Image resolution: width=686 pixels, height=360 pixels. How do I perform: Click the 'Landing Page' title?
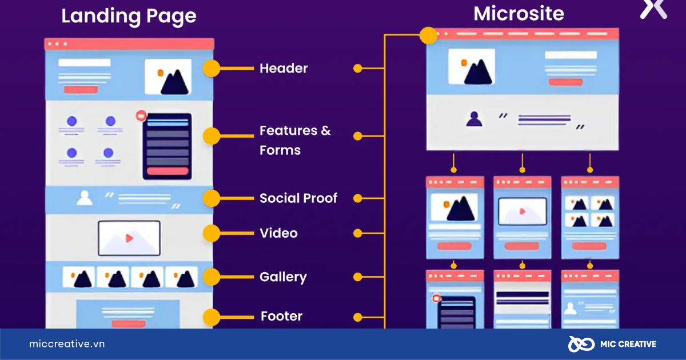[x=129, y=16]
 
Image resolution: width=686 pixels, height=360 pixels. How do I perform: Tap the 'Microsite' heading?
[x=519, y=14]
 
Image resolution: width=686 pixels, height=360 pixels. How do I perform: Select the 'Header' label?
[x=284, y=69]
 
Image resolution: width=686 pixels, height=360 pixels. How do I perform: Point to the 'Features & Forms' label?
[x=295, y=140]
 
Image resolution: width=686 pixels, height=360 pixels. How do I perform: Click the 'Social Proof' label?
[x=298, y=198]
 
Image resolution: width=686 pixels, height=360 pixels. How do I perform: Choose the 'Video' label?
[x=278, y=233]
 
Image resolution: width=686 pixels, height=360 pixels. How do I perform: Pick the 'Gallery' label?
[x=283, y=277]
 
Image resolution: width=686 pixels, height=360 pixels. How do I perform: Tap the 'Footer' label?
[x=281, y=316]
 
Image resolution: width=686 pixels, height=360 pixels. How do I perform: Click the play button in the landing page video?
[x=129, y=238]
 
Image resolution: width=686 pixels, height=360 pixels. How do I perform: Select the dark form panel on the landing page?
[x=167, y=146]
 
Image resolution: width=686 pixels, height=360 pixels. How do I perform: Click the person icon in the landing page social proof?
[x=85, y=198]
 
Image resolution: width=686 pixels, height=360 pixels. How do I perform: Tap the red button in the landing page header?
[x=81, y=90]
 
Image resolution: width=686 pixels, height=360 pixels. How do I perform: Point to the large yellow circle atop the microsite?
[x=428, y=35]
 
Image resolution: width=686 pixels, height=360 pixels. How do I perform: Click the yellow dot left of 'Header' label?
[x=212, y=69]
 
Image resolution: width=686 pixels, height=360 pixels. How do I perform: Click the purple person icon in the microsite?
[x=474, y=119]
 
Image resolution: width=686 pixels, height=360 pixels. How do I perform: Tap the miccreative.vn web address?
[x=67, y=344]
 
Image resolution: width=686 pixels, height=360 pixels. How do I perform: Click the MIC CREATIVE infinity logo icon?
[x=580, y=344]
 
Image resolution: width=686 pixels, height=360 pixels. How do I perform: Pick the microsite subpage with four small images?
[x=589, y=218]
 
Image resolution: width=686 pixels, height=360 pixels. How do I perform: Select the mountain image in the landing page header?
[x=168, y=77]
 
